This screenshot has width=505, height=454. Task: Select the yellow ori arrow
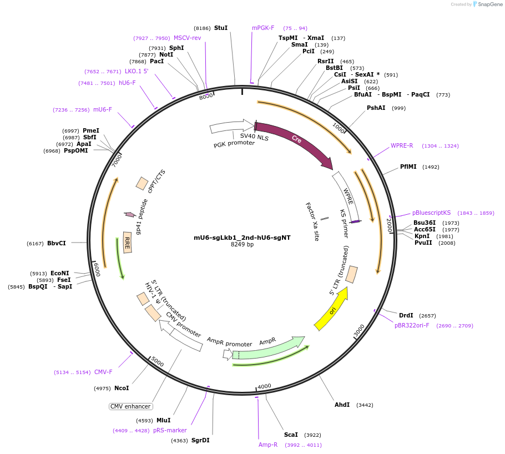coord(331,309)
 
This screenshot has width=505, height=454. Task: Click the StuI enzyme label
coord(221,28)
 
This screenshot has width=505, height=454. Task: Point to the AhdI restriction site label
coord(342,405)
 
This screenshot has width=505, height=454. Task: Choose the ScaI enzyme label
coord(291,435)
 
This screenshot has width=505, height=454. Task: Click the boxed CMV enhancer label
coord(130,406)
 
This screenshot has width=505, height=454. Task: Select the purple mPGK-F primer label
coord(263,28)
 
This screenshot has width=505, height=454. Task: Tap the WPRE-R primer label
coord(402,145)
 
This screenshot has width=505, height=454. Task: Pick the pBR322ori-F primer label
coord(412,325)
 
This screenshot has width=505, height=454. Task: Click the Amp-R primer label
coord(268,445)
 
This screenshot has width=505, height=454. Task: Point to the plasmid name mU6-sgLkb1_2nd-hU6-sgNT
coord(242,238)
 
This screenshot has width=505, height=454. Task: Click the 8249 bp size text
coord(242,245)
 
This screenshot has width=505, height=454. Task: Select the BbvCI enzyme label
coord(57,243)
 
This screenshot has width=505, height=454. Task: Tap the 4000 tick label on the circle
coord(264,386)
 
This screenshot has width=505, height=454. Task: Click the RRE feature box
coord(127,243)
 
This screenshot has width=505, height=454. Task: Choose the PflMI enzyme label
coord(408,167)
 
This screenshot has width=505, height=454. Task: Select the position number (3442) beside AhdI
coord(365,405)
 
